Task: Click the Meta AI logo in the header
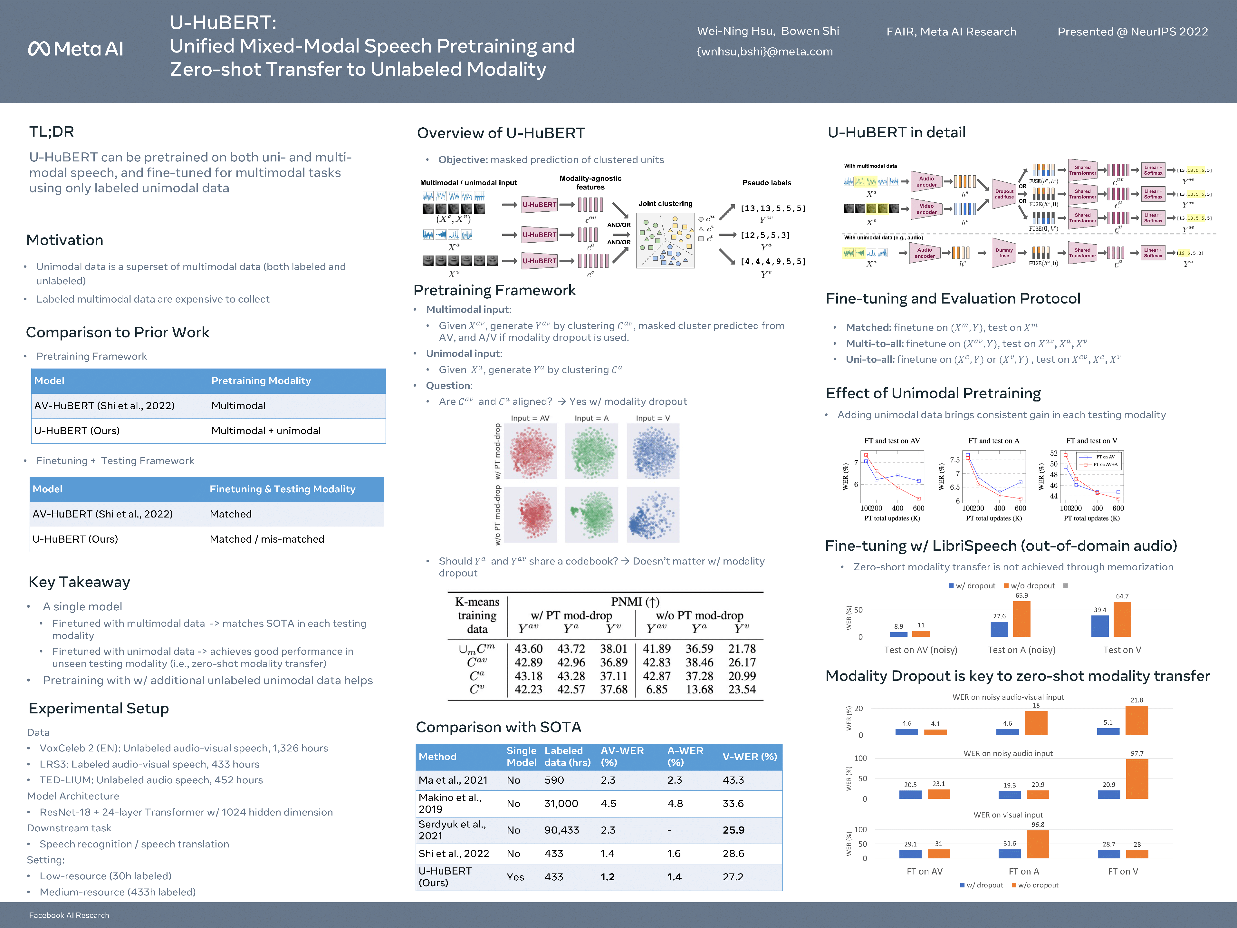pos(75,49)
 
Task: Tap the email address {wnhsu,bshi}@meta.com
pos(764,52)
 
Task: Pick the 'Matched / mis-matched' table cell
pos(267,539)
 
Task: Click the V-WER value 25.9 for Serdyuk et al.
pos(733,830)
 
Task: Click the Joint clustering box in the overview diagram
pos(665,240)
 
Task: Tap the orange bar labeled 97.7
pos(1136,778)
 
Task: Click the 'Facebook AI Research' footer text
pos(69,915)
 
